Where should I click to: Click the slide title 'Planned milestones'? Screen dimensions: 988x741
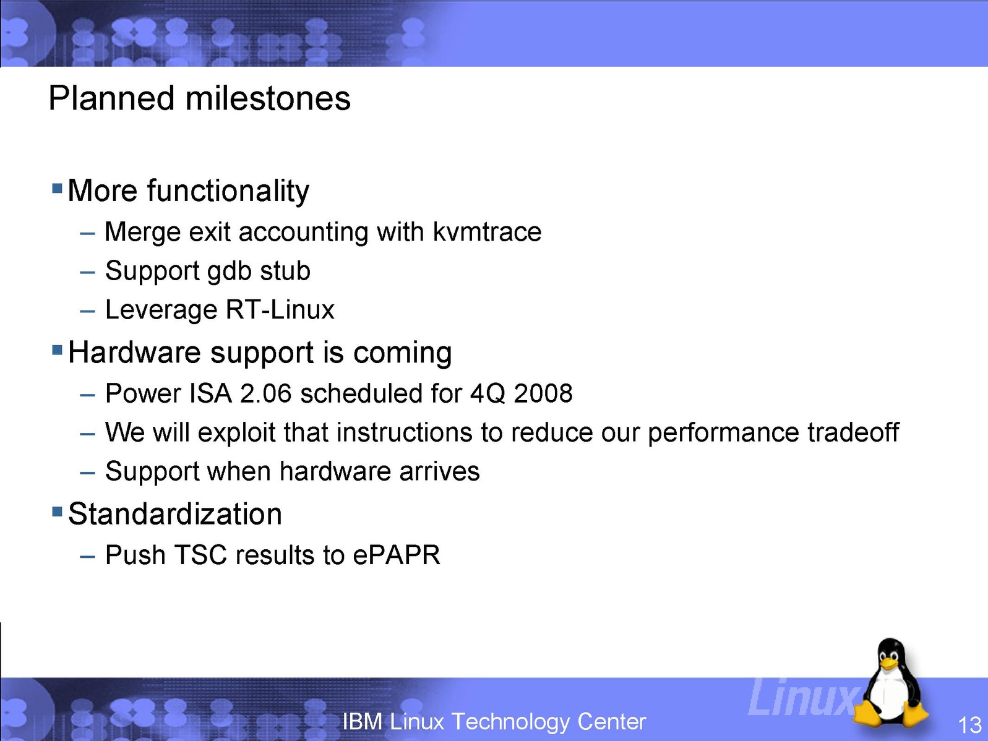pyautogui.click(x=199, y=98)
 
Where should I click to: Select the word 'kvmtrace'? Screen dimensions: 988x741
pyautogui.click(x=487, y=232)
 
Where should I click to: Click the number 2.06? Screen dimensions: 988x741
pyautogui.click(x=265, y=393)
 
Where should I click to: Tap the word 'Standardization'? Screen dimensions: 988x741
pyautogui.click(x=174, y=514)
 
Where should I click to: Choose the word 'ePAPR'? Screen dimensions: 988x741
pyautogui.click(x=396, y=555)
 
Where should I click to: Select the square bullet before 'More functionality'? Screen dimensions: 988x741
pyautogui.click(x=57, y=187)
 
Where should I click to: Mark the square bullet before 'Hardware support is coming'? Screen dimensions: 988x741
pyautogui.click(x=57, y=349)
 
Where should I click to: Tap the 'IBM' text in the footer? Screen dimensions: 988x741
pyautogui.click(x=363, y=721)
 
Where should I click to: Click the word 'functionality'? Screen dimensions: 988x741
pyautogui.click(x=228, y=191)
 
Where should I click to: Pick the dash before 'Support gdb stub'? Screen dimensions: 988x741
pyautogui.click(x=87, y=273)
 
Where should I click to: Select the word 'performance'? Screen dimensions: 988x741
pyautogui.click(x=723, y=433)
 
